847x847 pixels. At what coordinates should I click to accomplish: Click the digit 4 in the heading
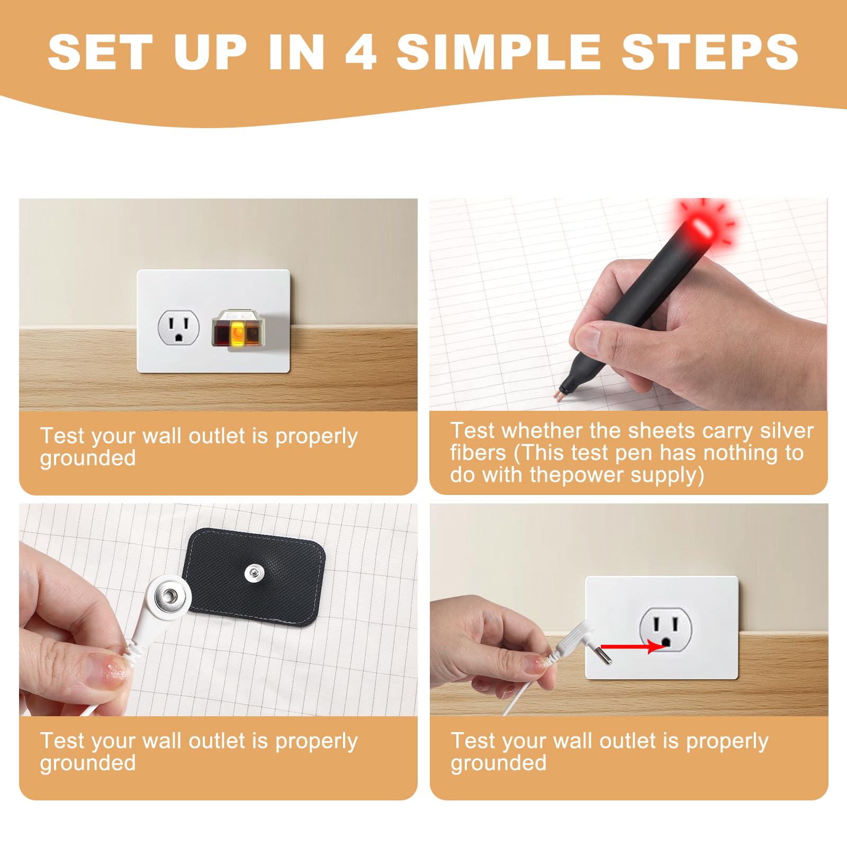361,51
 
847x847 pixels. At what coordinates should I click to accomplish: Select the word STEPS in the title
710,51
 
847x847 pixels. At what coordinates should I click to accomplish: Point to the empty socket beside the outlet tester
179,327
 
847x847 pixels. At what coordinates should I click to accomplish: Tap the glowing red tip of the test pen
701,229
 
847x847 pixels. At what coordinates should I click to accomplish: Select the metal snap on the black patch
253,572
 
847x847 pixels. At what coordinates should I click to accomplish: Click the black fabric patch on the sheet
256,577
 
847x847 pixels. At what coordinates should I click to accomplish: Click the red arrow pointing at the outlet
632,646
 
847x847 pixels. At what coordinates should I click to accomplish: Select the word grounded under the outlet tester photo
88,458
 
